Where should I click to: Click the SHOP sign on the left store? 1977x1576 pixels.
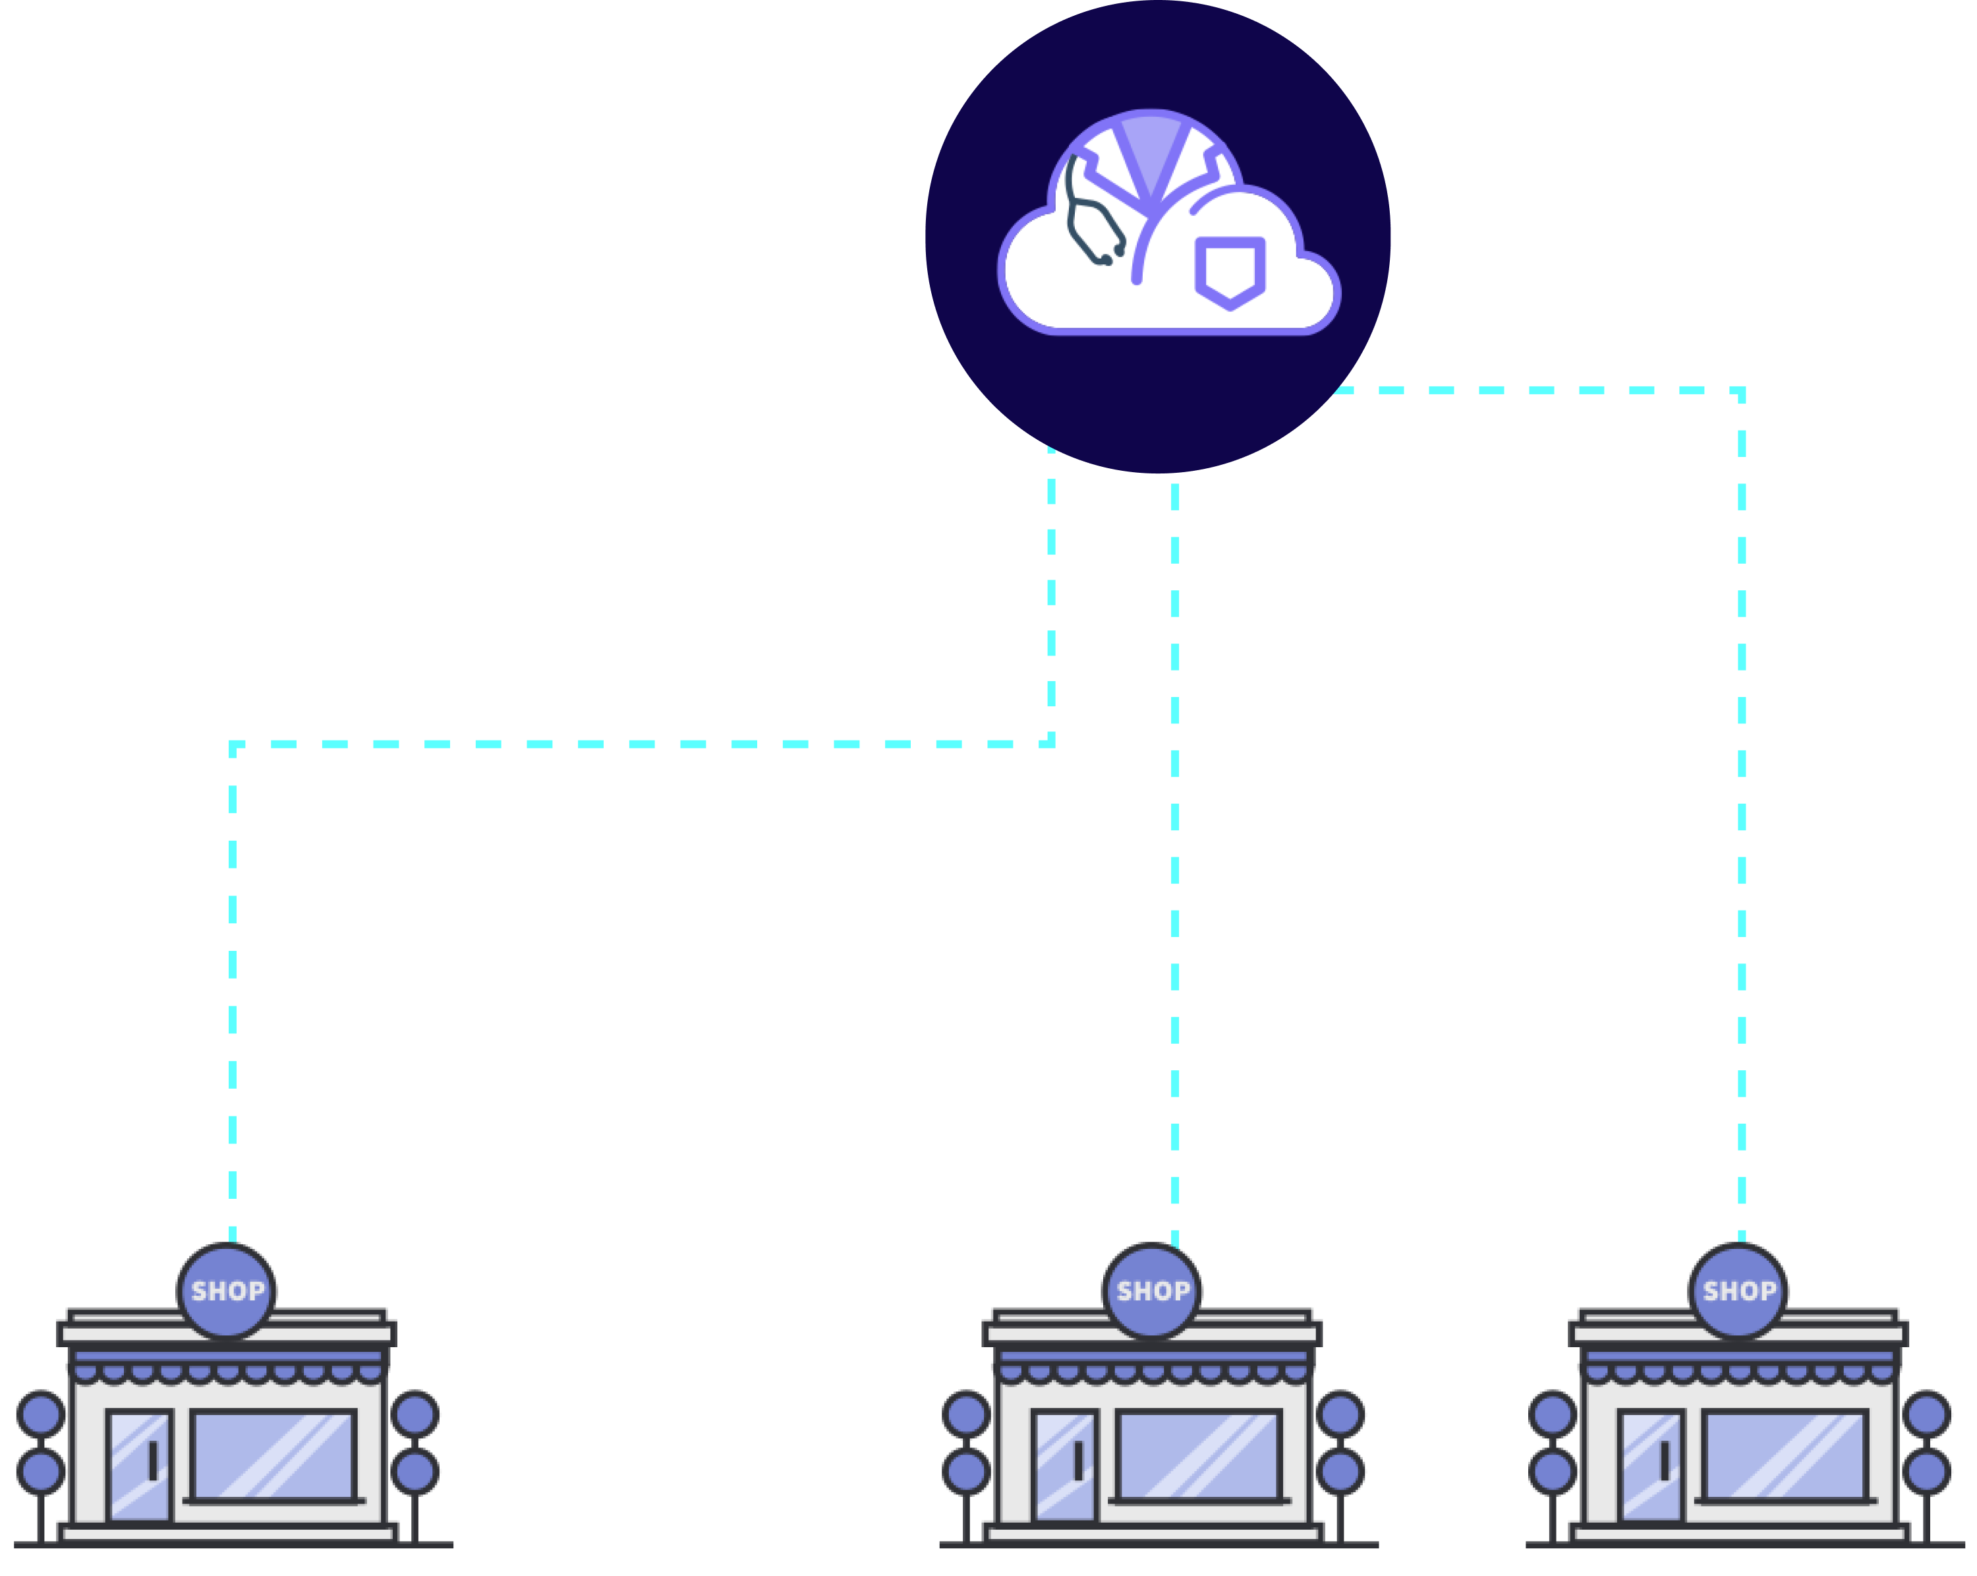(x=227, y=1290)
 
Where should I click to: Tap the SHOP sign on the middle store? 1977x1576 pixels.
(x=1152, y=1290)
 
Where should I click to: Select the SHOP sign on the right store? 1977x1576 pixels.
(x=1738, y=1290)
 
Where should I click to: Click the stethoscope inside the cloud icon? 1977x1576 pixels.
(x=1091, y=220)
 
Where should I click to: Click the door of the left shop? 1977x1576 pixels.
(x=140, y=1465)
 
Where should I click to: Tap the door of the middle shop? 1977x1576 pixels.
(x=1064, y=1465)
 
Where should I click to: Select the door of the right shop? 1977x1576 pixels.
(x=1651, y=1465)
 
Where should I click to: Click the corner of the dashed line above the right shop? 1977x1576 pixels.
(x=1741, y=391)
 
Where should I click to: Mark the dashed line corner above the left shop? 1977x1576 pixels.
(x=233, y=745)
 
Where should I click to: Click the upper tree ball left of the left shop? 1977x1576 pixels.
(x=42, y=1414)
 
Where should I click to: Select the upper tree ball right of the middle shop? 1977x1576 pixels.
(x=1340, y=1414)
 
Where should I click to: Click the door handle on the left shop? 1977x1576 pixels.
(x=153, y=1461)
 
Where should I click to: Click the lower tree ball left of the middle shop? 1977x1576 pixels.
(x=967, y=1471)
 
